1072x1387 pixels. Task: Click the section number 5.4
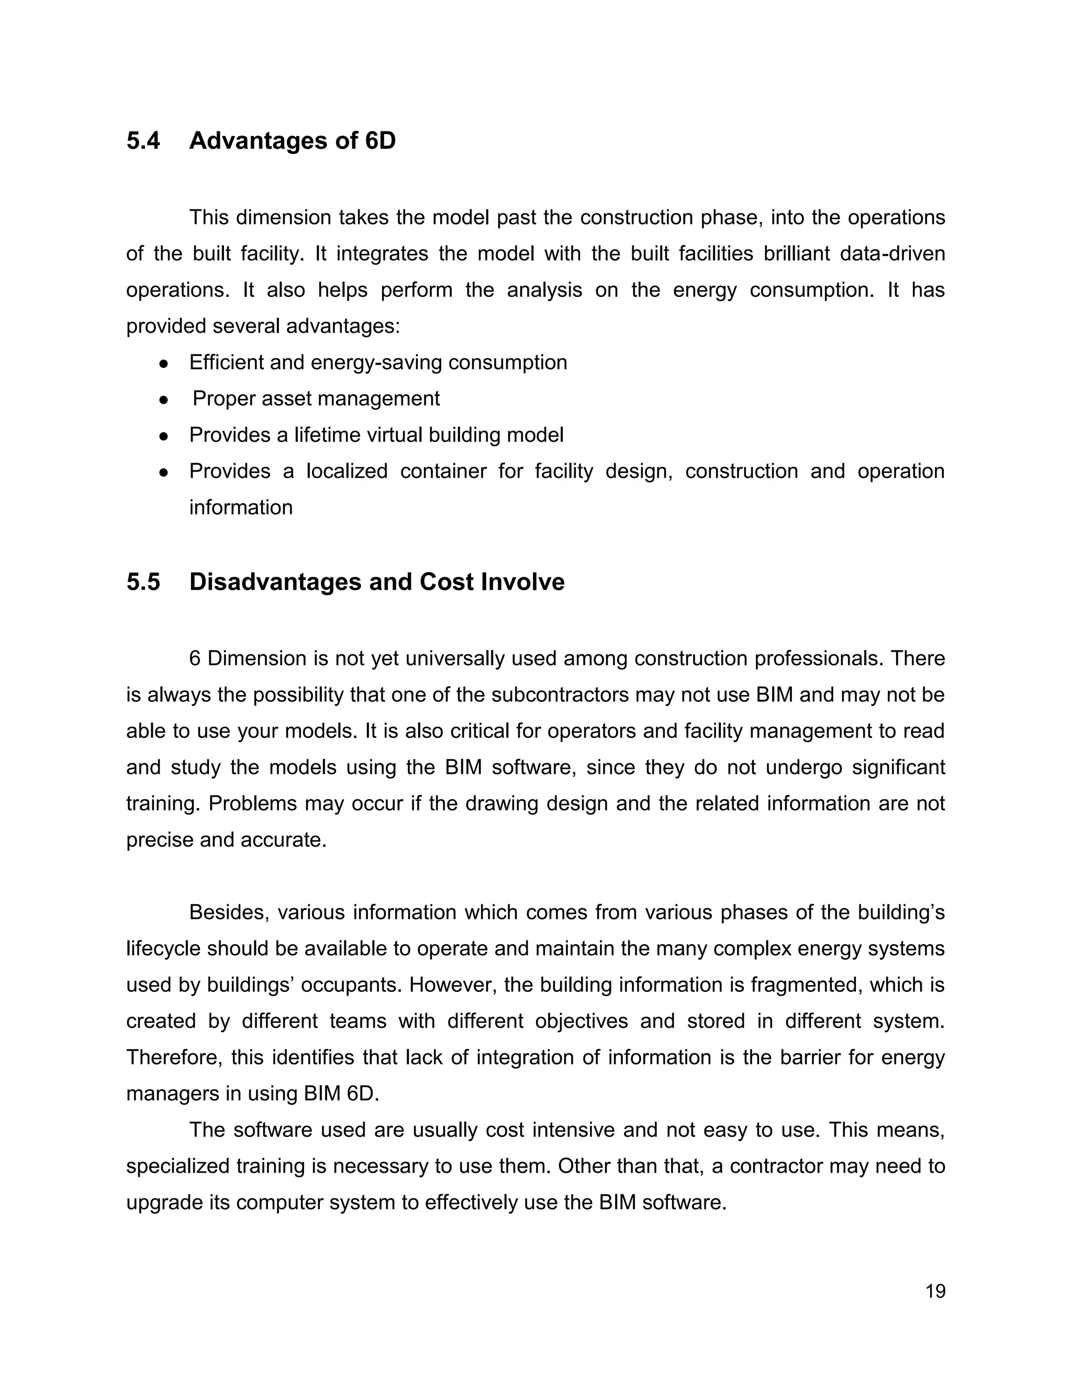(x=143, y=141)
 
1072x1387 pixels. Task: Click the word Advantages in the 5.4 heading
(x=259, y=141)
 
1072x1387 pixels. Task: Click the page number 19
(x=935, y=1291)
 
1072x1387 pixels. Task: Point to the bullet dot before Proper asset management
(x=163, y=400)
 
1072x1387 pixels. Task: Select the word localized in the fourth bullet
(x=347, y=471)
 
